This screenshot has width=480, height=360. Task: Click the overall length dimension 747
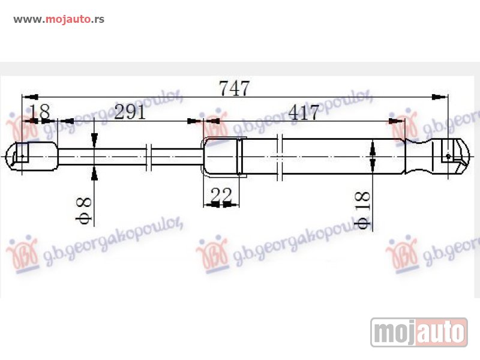tap(234, 89)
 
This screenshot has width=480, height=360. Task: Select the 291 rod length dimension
tap(130, 113)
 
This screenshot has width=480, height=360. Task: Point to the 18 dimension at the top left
tap(40, 113)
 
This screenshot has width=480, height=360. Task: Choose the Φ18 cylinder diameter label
tap(362, 210)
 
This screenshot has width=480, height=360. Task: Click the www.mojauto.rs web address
tap(59, 19)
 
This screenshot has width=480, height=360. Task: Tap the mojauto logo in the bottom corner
tap(419, 332)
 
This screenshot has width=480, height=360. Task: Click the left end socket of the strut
tap(23, 156)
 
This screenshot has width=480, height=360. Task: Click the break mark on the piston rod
tap(150, 156)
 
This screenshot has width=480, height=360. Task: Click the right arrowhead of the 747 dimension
tap(441, 97)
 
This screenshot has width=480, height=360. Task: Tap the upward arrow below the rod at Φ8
tap(94, 174)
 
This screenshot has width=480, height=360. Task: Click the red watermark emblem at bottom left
tap(22, 252)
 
